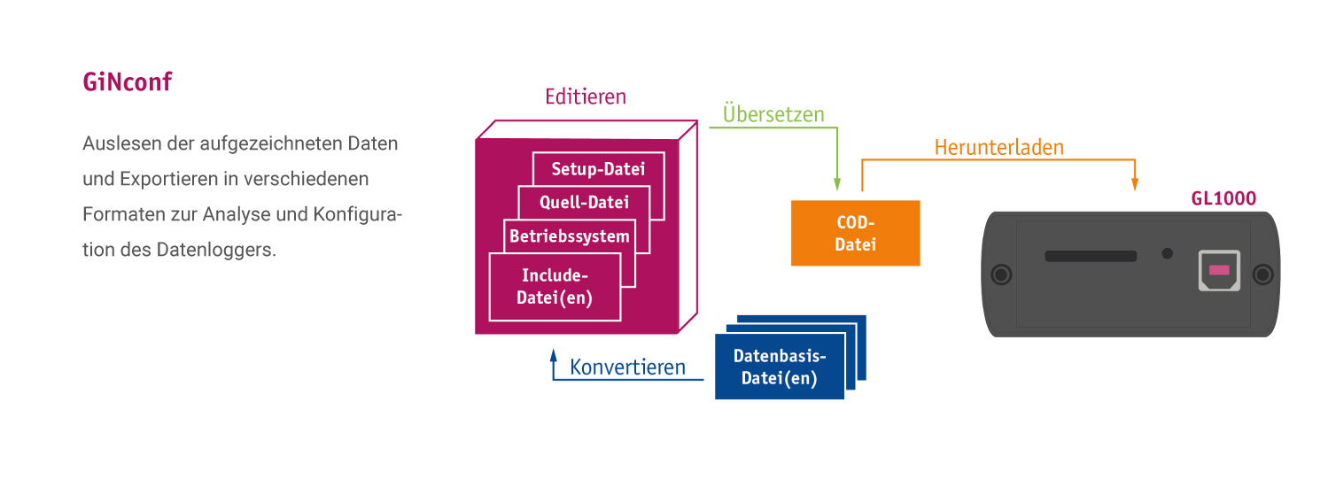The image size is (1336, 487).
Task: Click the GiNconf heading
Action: (127, 81)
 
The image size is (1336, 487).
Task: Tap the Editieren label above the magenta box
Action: (585, 97)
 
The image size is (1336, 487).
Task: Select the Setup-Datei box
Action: (598, 169)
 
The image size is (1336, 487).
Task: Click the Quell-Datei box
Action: (584, 202)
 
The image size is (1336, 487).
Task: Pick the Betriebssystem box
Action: (570, 236)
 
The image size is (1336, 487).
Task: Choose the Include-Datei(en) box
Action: (555, 287)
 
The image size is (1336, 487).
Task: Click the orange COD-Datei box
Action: (855, 233)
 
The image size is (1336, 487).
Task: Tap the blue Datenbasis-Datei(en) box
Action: (780, 367)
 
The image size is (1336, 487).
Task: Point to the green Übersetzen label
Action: (773, 114)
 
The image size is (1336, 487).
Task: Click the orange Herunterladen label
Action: (999, 147)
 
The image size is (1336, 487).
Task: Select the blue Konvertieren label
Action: (627, 367)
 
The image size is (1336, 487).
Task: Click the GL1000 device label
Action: (1223, 198)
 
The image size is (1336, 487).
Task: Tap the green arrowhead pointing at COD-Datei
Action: (837, 184)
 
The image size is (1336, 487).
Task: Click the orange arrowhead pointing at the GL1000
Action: (1134, 184)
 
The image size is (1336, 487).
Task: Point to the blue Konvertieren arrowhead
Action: (554, 355)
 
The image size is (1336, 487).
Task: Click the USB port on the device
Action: (1219, 271)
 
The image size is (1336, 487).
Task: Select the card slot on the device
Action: (1091, 256)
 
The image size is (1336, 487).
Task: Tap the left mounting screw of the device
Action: (1001, 274)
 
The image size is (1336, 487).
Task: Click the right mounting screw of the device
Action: (1262, 274)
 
